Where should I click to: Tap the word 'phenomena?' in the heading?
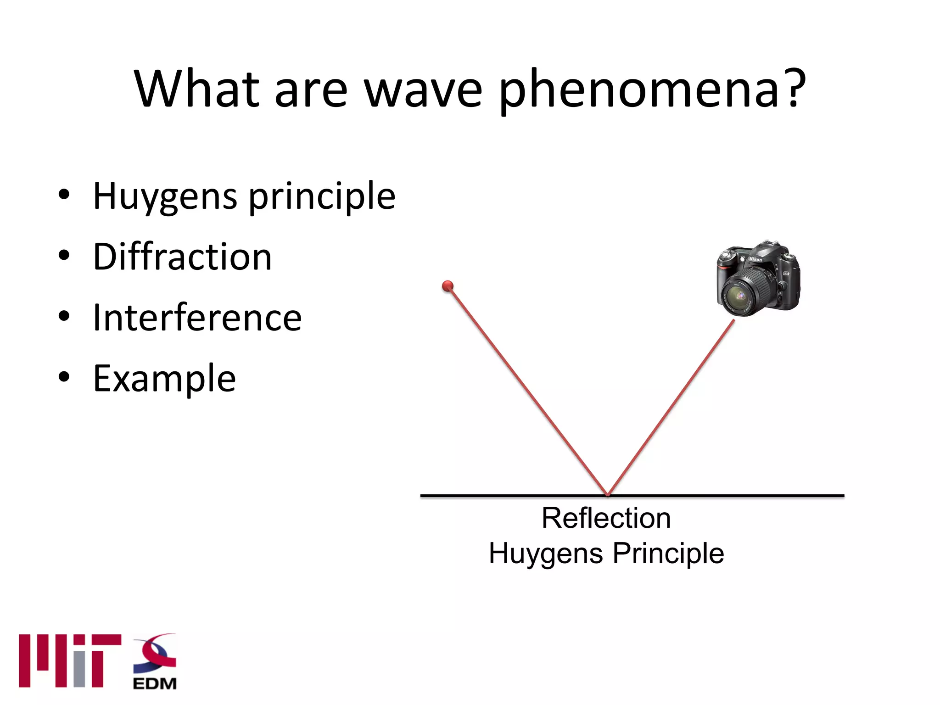[x=652, y=90]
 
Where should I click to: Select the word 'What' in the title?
[x=197, y=90]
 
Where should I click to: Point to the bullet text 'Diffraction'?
[x=182, y=257]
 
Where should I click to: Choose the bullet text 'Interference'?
[x=197, y=318]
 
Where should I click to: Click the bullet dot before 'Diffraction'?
[x=64, y=255]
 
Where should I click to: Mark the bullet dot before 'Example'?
[x=64, y=377]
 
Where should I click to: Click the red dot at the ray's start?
[x=448, y=286]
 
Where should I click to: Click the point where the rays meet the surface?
[x=607, y=494]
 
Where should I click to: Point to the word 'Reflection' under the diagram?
[x=606, y=518]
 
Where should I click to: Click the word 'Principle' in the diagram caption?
[x=668, y=553]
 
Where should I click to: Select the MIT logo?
[x=70, y=660]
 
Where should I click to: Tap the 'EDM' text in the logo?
[x=155, y=683]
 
